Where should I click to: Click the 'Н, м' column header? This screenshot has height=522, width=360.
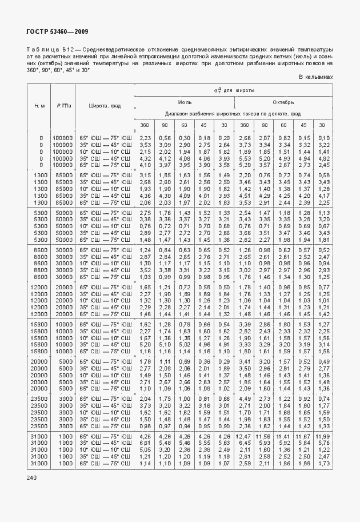coord(40,106)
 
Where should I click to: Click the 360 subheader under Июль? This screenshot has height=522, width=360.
coord(145,125)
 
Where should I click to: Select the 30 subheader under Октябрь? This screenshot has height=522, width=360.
coord(323,125)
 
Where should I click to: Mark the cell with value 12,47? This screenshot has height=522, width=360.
coord(244,436)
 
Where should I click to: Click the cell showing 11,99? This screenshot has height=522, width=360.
coord(323,436)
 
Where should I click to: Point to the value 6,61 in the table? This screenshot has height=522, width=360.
coord(145,443)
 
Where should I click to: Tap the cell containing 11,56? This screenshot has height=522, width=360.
coord(263,436)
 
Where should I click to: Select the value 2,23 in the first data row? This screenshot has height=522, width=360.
coord(145,138)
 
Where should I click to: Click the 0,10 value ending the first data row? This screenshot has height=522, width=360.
coord(323,138)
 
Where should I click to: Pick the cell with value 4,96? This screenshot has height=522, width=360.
coord(204,345)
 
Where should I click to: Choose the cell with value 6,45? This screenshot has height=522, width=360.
coord(244,443)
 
